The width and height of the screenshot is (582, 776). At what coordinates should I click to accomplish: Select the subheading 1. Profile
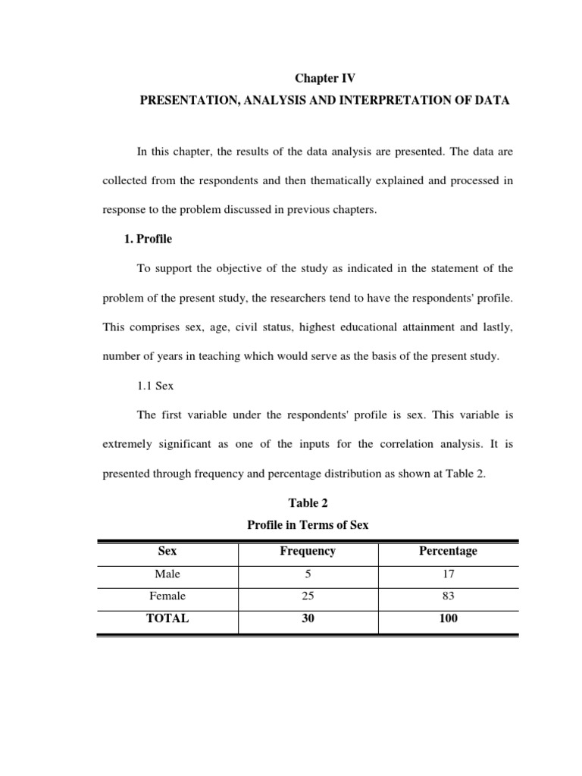pyautogui.click(x=148, y=239)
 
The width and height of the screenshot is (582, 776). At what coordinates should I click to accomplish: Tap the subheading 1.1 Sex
pyautogui.click(x=155, y=386)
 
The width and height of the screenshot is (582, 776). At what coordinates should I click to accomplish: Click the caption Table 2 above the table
pyautogui.click(x=308, y=502)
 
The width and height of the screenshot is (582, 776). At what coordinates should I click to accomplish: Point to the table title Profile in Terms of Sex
pyautogui.click(x=308, y=524)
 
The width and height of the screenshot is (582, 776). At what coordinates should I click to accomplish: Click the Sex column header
pyautogui.click(x=167, y=552)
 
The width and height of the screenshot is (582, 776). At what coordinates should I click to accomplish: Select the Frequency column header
pyautogui.click(x=308, y=552)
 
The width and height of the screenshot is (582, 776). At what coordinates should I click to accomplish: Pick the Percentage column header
pyautogui.click(x=448, y=552)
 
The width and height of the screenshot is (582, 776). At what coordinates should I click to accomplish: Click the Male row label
pyautogui.click(x=167, y=574)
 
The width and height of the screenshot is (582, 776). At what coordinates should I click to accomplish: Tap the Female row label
pyautogui.click(x=167, y=596)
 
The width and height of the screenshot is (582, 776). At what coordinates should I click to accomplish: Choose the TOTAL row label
pyautogui.click(x=167, y=618)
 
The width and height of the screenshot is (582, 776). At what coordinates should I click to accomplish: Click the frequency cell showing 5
pyautogui.click(x=308, y=574)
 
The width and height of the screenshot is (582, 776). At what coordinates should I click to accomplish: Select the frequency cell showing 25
pyautogui.click(x=308, y=596)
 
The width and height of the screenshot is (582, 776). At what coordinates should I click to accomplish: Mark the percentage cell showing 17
pyautogui.click(x=448, y=574)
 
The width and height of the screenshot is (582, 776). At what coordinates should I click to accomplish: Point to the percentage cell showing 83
pyautogui.click(x=448, y=596)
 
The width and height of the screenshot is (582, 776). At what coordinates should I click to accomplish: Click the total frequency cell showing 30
pyautogui.click(x=308, y=618)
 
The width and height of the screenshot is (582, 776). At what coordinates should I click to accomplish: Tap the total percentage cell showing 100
pyautogui.click(x=448, y=618)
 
